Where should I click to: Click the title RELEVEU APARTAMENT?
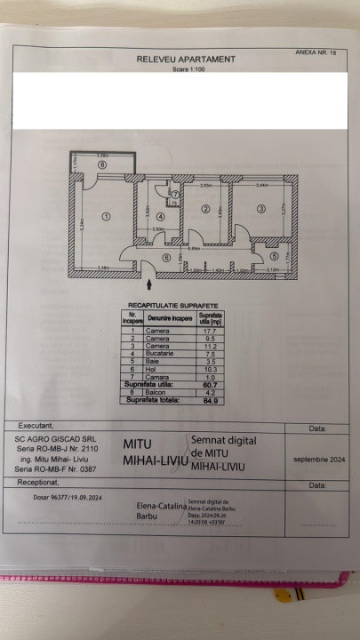click(186, 59)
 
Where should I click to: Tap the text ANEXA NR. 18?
click(316, 53)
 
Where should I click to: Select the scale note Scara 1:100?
click(186, 68)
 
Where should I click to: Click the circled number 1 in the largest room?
click(106, 216)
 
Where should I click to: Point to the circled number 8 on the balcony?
click(102, 164)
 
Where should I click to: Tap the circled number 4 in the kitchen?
click(160, 216)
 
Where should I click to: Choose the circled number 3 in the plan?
click(261, 209)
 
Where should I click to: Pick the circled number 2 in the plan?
click(205, 210)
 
